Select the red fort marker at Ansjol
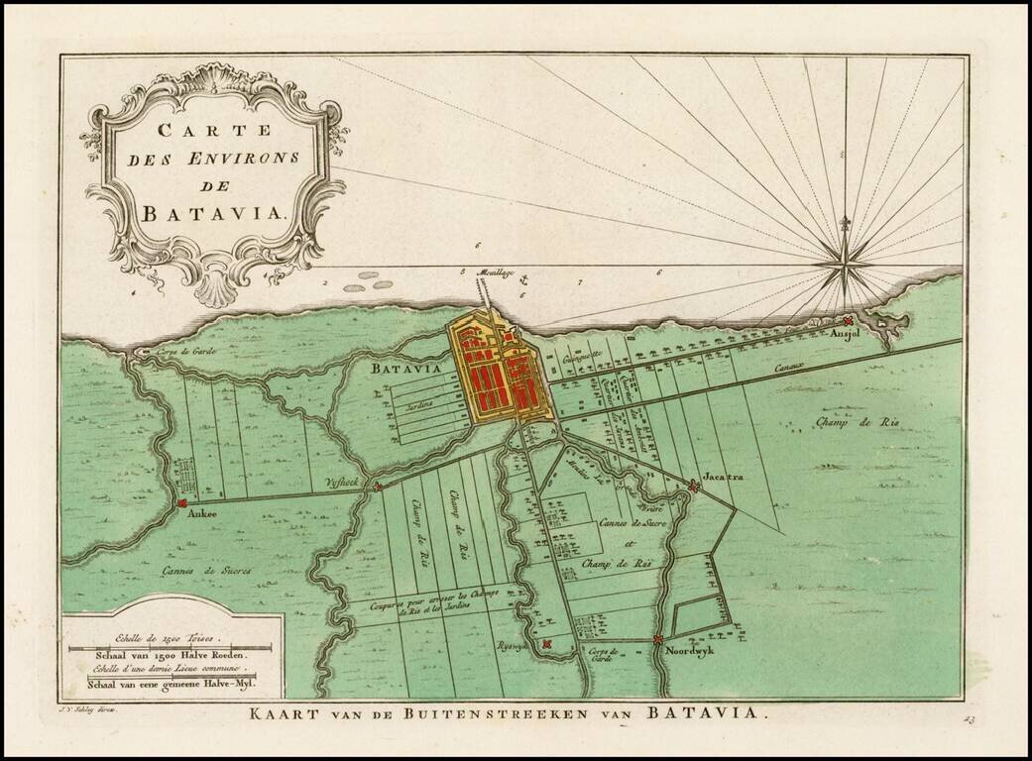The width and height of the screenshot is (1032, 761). click(x=849, y=320)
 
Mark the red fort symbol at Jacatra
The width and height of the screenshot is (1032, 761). click(x=693, y=485)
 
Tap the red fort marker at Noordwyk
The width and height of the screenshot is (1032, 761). click(x=658, y=640)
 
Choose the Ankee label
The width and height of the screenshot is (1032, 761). click(x=202, y=515)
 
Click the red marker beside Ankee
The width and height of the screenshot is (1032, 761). click(x=181, y=502)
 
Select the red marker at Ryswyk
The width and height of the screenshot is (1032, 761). click(x=545, y=645)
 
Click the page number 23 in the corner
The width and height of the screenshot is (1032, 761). click(x=968, y=719)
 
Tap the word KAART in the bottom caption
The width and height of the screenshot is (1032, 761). click(x=283, y=713)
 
